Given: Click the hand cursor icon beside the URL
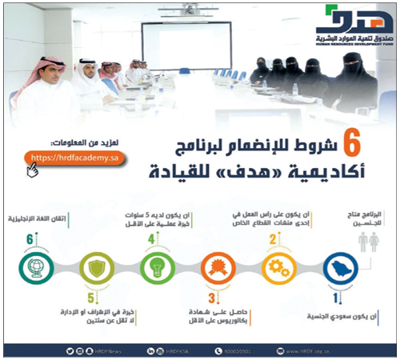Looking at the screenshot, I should [32, 169].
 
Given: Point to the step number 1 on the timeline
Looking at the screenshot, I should [337, 298].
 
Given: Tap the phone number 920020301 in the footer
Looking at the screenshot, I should [239, 350].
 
